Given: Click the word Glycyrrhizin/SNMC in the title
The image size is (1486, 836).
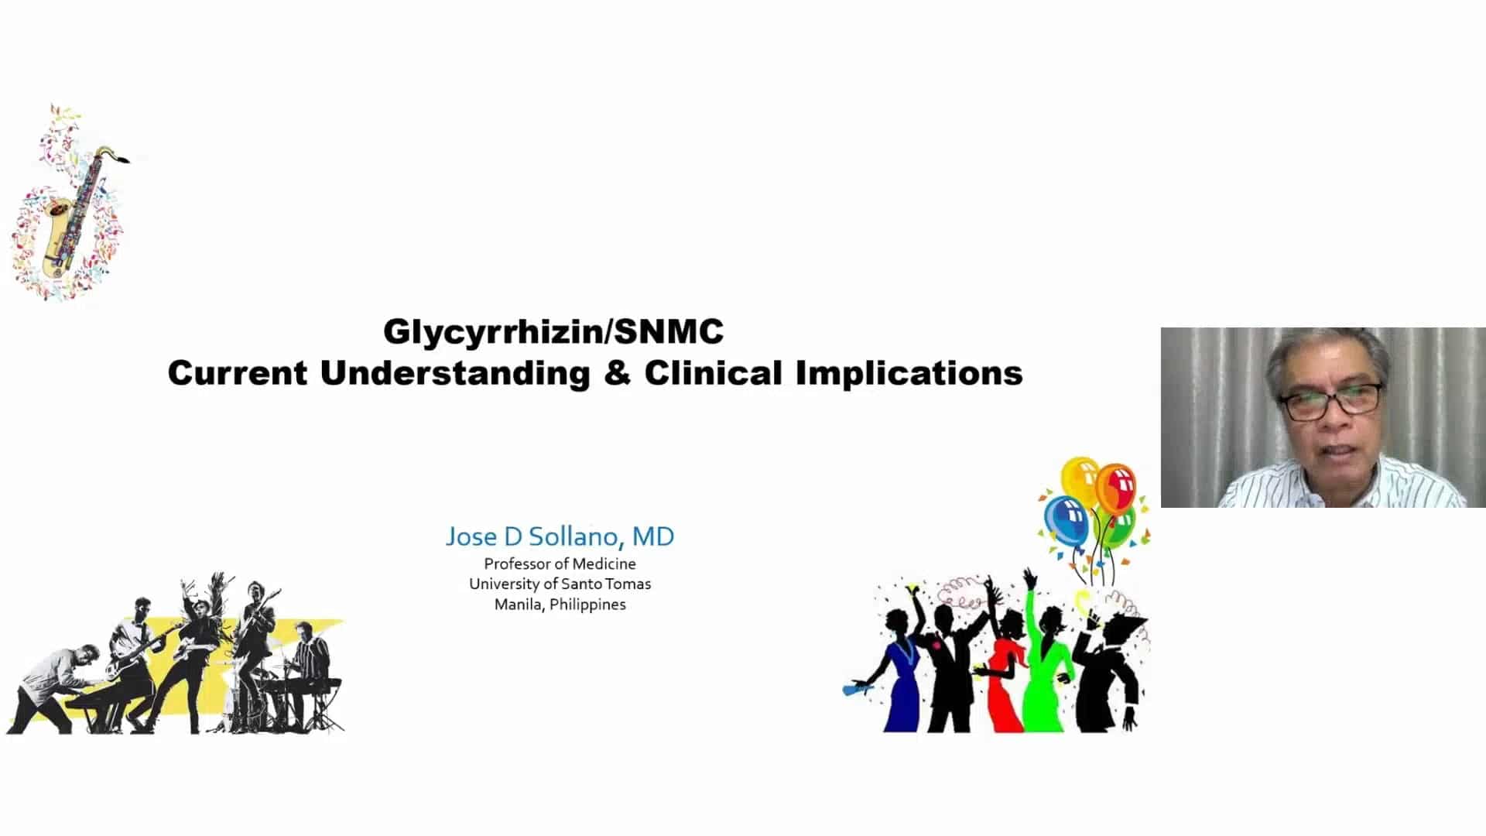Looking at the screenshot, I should coord(553,332).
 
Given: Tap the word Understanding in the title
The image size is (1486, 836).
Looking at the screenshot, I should coord(455,373).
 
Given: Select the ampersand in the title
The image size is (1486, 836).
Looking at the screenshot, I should coord(617,373).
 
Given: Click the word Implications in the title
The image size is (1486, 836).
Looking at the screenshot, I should coord(909,373).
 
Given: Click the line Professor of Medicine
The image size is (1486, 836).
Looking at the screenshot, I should coord(560,564).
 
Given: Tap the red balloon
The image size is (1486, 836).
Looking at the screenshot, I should coord(1115,487).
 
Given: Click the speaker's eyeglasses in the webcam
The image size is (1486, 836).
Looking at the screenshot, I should coord(1330,401).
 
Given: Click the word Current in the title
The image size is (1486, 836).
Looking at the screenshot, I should coord(237,373).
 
